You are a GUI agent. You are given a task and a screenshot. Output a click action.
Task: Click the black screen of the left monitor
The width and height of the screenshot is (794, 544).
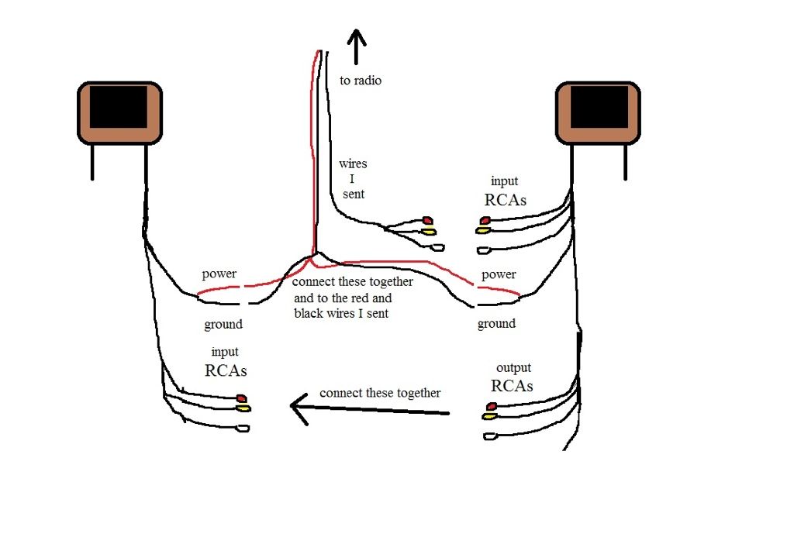click(119, 107)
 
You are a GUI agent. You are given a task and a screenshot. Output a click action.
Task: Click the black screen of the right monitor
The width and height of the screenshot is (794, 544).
click(599, 107)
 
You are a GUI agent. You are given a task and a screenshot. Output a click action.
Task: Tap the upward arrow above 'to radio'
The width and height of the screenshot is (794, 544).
click(357, 46)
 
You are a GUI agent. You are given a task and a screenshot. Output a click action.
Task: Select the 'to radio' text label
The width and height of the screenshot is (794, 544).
click(361, 81)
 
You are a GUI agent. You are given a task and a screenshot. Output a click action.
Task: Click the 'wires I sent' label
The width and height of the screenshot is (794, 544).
click(353, 179)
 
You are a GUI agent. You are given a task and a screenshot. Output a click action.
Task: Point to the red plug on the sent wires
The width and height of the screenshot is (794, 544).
click(428, 220)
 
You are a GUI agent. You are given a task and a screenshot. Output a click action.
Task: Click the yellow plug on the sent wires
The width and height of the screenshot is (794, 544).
click(429, 232)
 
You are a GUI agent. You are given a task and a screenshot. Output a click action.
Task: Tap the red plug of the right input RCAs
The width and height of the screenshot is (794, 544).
click(485, 220)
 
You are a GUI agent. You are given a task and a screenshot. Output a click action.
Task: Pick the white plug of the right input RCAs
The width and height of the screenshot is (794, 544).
click(484, 250)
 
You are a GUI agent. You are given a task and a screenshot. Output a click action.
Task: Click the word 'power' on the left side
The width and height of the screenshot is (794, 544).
click(219, 274)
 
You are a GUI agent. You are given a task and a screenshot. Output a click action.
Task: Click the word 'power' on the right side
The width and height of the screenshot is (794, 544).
click(499, 274)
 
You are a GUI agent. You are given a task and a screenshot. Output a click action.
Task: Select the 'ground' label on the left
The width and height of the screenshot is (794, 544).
click(223, 325)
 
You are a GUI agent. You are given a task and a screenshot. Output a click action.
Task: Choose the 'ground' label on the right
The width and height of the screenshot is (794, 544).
click(496, 323)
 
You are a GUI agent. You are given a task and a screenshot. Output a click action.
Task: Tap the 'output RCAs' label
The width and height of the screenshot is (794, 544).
click(513, 377)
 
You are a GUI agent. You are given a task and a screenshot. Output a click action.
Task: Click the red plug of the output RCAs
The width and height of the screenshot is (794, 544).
click(491, 406)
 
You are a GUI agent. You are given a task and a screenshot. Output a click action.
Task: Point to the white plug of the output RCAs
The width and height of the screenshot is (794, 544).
click(489, 436)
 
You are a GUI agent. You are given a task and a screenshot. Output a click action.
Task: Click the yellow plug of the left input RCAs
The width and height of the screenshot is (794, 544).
click(244, 408)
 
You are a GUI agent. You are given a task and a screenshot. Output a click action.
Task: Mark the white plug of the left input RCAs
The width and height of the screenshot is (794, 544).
click(243, 429)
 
